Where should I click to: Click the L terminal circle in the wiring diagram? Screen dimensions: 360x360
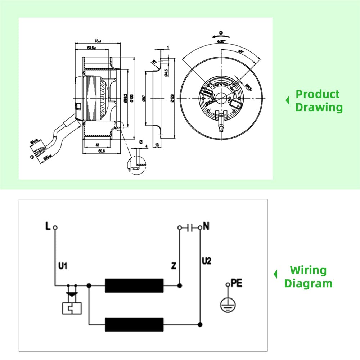point(55,228)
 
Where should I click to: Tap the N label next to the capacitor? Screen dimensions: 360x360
point(206,226)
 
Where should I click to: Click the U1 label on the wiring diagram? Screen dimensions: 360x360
point(63,266)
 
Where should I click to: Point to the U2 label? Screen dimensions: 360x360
point(207,260)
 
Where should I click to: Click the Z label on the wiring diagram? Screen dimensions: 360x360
point(174,266)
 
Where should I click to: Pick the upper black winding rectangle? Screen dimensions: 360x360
point(134,285)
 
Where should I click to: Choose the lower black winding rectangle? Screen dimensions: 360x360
point(134,324)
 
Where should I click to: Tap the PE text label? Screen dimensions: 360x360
point(237,283)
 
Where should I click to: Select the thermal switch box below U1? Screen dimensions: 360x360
point(72,308)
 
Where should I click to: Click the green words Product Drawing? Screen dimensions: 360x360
point(318,101)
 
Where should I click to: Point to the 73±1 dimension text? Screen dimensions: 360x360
point(97,41)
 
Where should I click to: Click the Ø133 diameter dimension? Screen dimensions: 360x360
point(131,98)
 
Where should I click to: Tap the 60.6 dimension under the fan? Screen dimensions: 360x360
point(101,152)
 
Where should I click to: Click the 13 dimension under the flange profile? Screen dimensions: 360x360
point(157,145)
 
